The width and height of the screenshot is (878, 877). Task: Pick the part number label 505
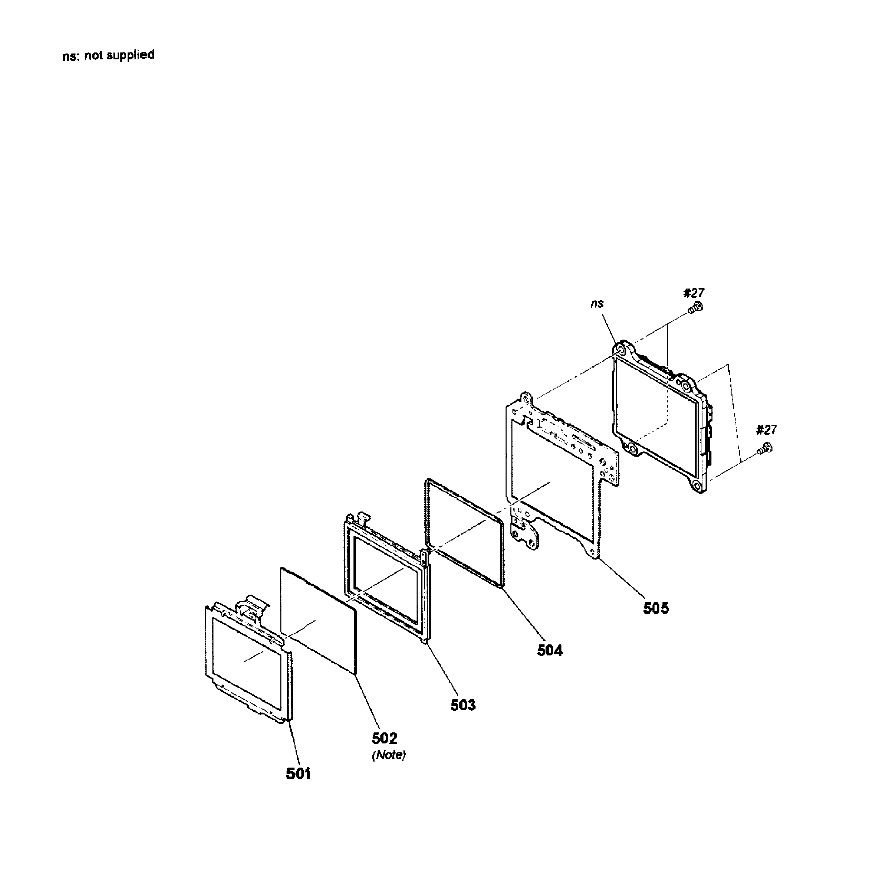click(x=656, y=608)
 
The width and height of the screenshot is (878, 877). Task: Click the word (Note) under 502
click(x=389, y=755)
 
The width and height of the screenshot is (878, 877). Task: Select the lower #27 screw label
click(x=767, y=429)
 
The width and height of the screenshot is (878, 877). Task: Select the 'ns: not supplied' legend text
click(x=109, y=56)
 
